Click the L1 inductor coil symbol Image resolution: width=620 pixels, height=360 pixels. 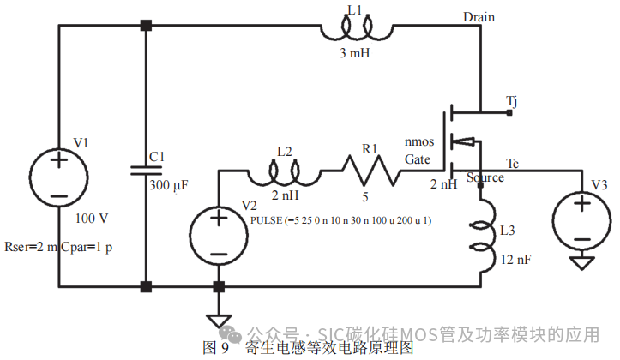(366, 30)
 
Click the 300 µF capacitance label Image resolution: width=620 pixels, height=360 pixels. (170, 184)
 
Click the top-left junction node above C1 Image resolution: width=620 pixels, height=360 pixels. (146, 26)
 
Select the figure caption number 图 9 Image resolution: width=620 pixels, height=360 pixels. (214, 348)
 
